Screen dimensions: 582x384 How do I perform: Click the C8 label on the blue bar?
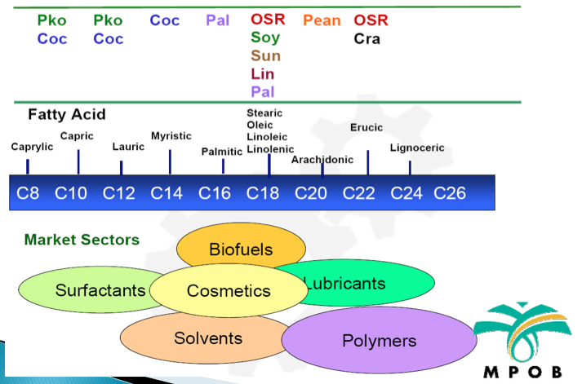click(x=28, y=193)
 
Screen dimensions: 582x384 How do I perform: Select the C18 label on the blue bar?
click(x=262, y=193)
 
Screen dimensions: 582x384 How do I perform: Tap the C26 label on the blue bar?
click(x=450, y=193)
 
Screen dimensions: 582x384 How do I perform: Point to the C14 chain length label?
click(x=167, y=193)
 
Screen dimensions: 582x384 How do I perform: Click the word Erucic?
click(x=367, y=127)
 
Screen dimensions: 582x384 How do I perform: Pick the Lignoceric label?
click(x=417, y=148)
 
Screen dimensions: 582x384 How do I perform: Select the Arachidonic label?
click(x=322, y=160)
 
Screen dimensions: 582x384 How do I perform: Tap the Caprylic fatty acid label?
click(x=32, y=147)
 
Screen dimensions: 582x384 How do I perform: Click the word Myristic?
click(x=171, y=136)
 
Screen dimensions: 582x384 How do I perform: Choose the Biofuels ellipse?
click(x=241, y=245)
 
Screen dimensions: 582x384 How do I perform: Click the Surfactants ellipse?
click(x=89, y=289)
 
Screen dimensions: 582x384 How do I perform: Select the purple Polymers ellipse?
click(x=379, y=340)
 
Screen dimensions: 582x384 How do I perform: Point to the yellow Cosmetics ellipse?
click(x=229, y=290)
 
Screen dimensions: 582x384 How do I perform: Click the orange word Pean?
click(x=322, y=20)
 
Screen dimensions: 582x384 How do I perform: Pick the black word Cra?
click(x=367, y=39)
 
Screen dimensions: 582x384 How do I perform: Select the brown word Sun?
click(x=265, y=56)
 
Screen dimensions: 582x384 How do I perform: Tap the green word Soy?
click(x=265, y=38)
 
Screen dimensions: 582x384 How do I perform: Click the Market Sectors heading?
click(x=82, y=240)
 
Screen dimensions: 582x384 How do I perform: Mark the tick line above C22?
click(x=368, y=162)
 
